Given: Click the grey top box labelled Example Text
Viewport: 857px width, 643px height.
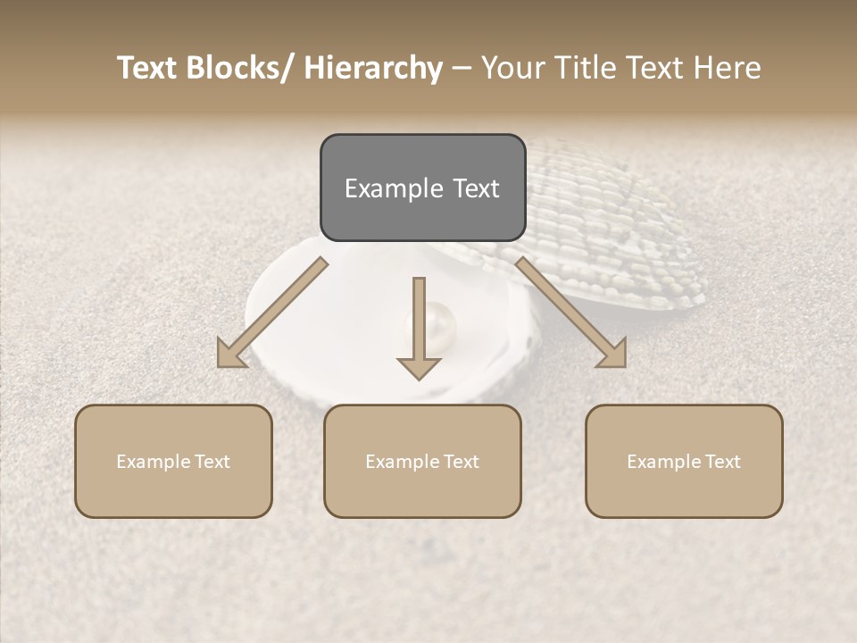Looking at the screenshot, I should coord(422,188).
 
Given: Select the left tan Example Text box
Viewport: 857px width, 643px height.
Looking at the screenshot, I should coord(173,461).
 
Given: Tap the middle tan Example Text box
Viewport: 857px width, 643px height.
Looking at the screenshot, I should coord(422,461).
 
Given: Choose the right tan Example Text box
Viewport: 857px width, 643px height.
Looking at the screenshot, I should coord(684,461).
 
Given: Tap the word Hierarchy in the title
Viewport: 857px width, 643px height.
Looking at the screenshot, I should coord(373,68).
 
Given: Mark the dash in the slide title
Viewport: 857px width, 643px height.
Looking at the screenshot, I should coord(462,68).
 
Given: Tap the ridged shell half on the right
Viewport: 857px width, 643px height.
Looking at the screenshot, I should coord(616,223).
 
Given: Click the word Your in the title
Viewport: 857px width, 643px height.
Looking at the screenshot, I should coord(512,68).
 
